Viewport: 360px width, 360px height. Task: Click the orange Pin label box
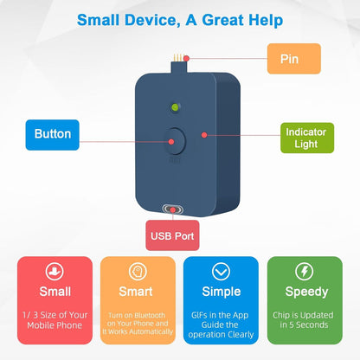(294, 59)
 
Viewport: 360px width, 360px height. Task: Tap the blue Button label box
(53, 135)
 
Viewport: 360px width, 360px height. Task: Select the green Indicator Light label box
(307, 138)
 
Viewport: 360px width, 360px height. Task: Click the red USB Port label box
(172, 235)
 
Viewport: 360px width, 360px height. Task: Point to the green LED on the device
(175, 107)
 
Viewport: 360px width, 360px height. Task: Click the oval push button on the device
(175, 141)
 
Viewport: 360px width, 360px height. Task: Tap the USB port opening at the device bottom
(173, 209)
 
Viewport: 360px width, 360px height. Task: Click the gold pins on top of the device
(178, 58)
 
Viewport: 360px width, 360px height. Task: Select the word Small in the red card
(55, 292)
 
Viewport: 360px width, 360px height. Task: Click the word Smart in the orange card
(136, 292)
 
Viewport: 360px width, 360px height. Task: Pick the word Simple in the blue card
(222, 292)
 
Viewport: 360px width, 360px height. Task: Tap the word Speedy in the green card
(306, 292)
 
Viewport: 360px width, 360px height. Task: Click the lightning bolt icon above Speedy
(305, 272)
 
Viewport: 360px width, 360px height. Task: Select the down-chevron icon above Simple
(221, 272)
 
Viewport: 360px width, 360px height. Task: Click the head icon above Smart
(138, 272)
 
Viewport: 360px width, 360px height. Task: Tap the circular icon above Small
(55, 272)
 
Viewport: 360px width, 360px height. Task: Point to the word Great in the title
(223, 20)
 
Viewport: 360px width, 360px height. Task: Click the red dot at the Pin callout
(187, 59)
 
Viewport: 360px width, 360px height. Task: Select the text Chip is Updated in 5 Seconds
(304, 320)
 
